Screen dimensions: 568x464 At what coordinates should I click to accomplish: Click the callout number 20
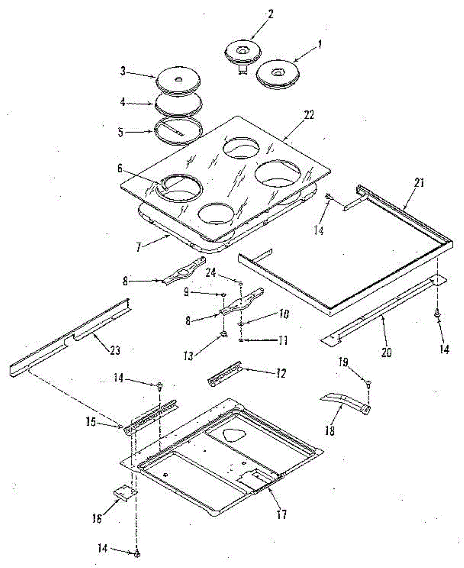pos(386,352)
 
